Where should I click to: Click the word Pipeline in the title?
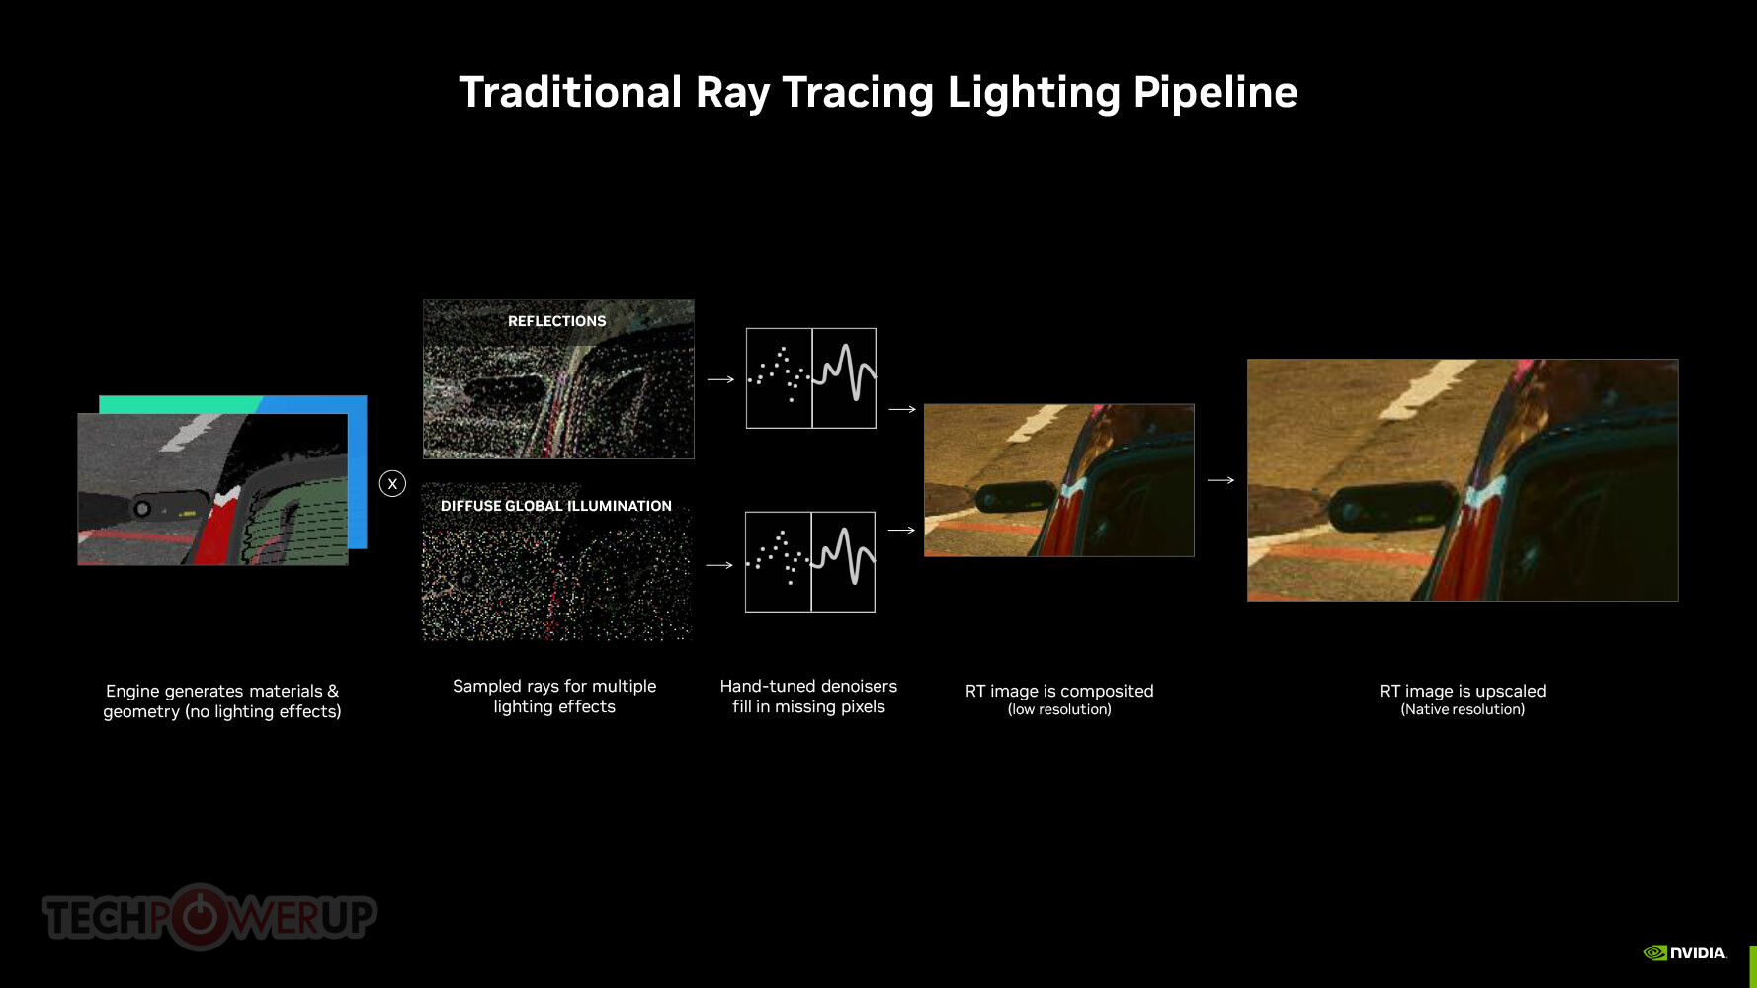pyautogui.click(x=1214, y=93)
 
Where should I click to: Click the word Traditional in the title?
pyautogui.click(x=570, y=92)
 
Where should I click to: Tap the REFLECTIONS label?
pyautogui.click(x=556, y=321)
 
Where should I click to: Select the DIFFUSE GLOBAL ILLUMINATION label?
pyautogui.click(x=555, y=506)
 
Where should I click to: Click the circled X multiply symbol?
pyautogui.click(x=392, y=483)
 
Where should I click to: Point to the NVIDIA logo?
pyautogui.click(x=1685, y=952)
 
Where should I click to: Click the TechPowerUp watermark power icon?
pyautogui.click(x=201, y=916)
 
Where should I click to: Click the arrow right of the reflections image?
pyautogui.click(x=720, y=379)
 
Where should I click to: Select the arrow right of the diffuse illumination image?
pyautogui.click(x=719, y=565)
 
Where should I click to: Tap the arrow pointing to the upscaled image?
pyautogui.click(x=1220, y=480)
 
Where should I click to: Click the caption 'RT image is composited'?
pyautogui.click(x=1059, y=691)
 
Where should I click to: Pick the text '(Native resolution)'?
pyautogui.click(x=1463, y=709)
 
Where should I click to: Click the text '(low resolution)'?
pyautogui.click(x=1059, y=709)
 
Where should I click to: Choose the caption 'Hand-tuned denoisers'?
pyautogui.click(x=808, y=686)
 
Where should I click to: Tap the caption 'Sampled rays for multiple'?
pyautogui.click(x=554, y=686)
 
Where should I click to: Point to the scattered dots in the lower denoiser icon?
pyautogui.click(x=778, y=559)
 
